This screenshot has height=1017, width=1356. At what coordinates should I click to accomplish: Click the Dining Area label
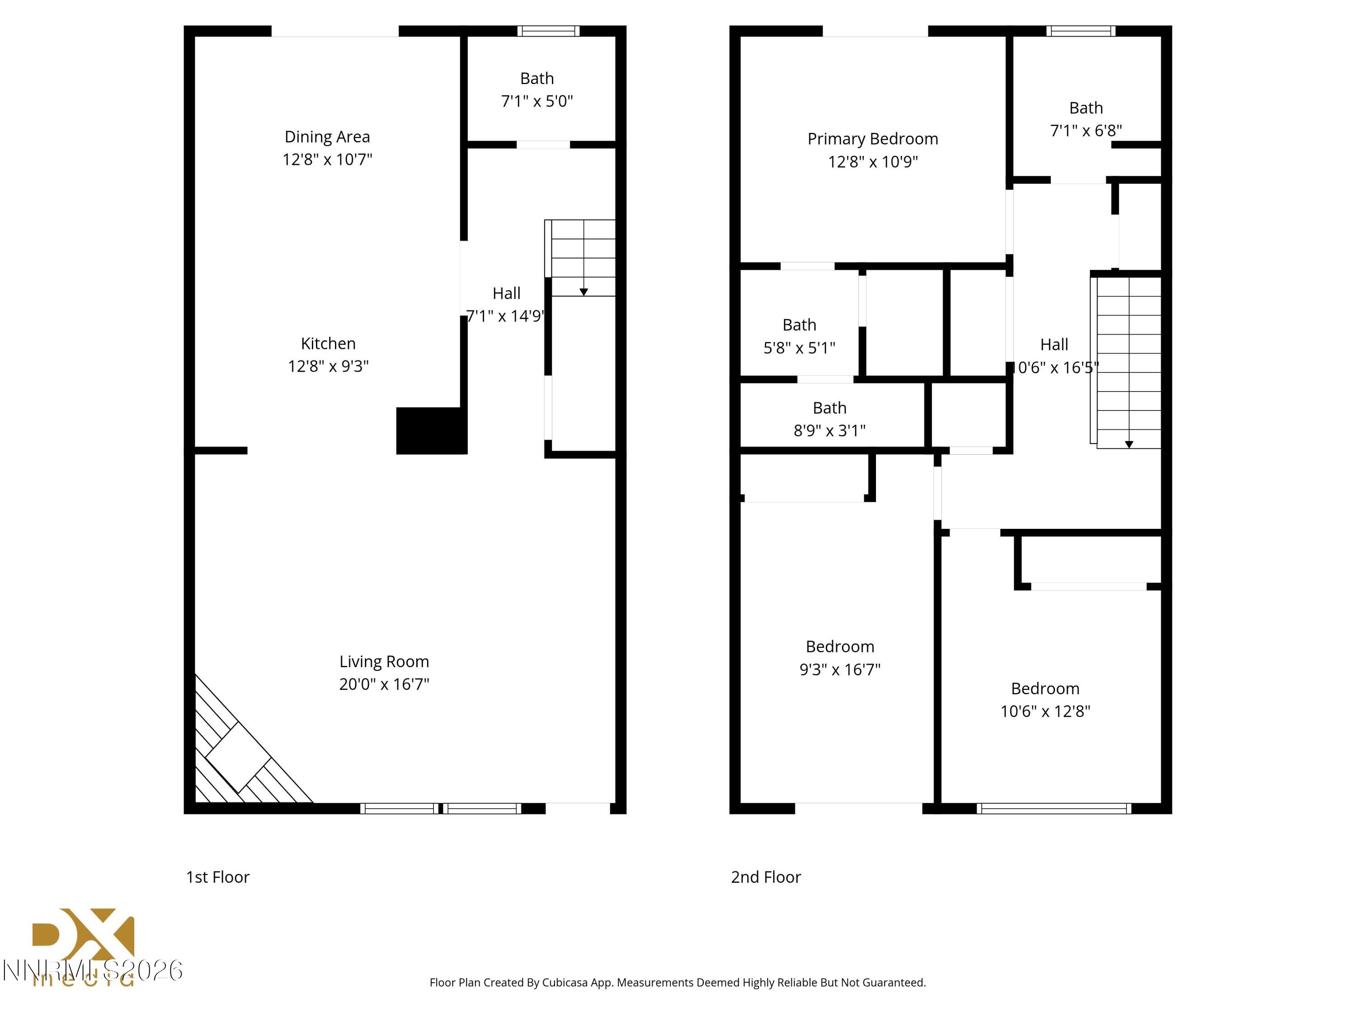pyautogui.click(x=327, y=137)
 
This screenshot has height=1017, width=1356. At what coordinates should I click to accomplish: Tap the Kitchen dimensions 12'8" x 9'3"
pyautogui.click(x=328, y=366)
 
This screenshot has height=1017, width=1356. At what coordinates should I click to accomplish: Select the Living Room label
pyautogui.click(x=384, y=661)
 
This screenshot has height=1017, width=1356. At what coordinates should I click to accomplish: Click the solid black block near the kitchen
pyautogui.click(x=431, y=430)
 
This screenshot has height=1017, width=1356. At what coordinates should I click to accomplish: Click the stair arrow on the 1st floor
pyautogui.click(x=584, y=292)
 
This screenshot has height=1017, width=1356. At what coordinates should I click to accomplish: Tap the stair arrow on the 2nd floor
pyautogui.click(x=1129, y=444)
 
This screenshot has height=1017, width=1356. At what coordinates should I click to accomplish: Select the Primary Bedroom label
pyautogui.click(x=872, y=139)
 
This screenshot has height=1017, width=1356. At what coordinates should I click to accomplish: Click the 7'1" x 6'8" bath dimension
pyautogui.click(x=1086, y=131)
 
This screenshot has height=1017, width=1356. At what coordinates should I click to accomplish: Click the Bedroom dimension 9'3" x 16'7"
pyautogui.click(x=839, y=669)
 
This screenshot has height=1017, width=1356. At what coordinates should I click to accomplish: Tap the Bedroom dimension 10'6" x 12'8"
pyautogui.click(x=1045, y=711)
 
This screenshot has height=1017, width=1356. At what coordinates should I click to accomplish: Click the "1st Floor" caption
pyautogui.click(x=217, y=877)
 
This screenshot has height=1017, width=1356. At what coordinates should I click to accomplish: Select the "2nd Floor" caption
pyautogui.click(x=765, y=877)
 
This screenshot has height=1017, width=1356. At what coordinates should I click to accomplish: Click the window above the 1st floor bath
pyautogui.click(x=548, y=31)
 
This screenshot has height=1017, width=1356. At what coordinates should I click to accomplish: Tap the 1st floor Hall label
pyautogui.click(x=506, y=294)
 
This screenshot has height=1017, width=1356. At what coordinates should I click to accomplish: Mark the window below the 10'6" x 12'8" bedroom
pyautogui.click(x=1053, y=809)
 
